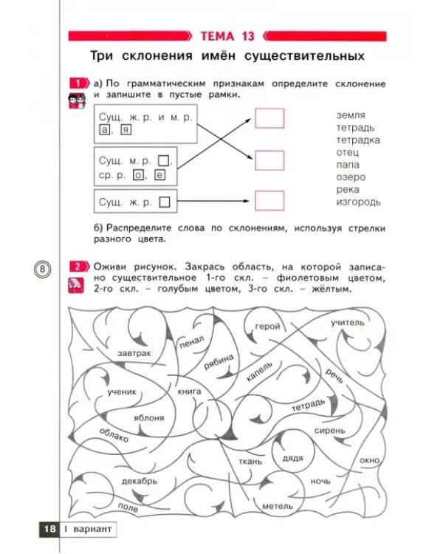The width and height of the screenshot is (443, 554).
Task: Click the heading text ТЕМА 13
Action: coord(227,36)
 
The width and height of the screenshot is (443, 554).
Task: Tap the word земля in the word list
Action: coord(351,115)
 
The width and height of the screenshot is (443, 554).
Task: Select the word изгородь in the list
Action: coord(358,202)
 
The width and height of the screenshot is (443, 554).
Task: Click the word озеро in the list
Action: coord(351,177)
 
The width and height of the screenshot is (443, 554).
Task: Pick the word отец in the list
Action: coord(347,152)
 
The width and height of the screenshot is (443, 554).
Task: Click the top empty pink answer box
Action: coord(269,118)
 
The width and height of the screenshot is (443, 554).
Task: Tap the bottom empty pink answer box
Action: coord(269,201)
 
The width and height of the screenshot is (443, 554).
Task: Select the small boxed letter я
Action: coord(126,130)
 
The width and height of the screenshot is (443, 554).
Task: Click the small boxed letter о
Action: coord(138,175)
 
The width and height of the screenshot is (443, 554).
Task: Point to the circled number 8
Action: coord(42,269)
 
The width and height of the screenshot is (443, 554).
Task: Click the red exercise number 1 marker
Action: coord(79,83)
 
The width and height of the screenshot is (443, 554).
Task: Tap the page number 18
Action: coord(49,529)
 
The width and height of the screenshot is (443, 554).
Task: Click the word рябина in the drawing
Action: coord(219,362)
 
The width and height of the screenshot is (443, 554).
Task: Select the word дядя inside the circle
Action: coord(293,458)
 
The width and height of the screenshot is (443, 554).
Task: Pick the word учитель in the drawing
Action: coord(347,322)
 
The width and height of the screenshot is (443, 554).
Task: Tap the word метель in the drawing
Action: coord(278,506)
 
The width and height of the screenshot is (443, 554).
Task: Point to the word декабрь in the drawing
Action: coord(140,481)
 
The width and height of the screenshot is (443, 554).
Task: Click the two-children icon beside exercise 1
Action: coord(77,101)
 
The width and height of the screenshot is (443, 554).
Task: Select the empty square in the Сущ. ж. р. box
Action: coord(164,202)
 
